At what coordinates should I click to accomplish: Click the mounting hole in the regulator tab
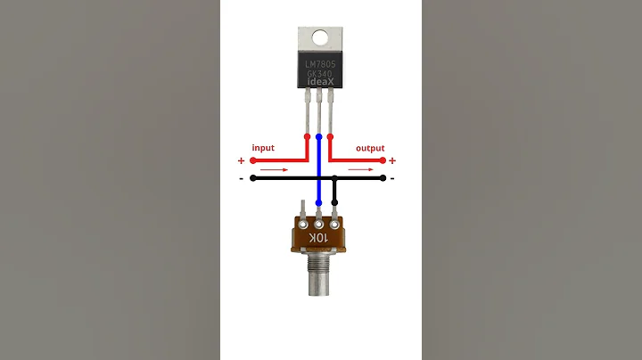(321, 37)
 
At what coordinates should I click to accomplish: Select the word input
(263, 147)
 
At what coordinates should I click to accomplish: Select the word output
(370, 147)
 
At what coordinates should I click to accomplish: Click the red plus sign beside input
(241, 161)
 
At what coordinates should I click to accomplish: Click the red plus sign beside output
(392, 161)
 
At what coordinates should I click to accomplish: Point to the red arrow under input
(275, 168)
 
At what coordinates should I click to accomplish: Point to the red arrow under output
(361, 168)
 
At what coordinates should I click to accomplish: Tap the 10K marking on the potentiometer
(319, 239)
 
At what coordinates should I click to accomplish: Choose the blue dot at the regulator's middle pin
(319, 137)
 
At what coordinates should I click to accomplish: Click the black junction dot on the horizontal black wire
(334, 178)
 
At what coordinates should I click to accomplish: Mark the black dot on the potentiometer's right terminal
(334, 202)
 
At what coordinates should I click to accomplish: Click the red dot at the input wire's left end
(253, 161)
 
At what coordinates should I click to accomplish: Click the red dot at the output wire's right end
(383, 161)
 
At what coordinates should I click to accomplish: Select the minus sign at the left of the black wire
(242, 178)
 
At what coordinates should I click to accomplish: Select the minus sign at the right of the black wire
(392, 178)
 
